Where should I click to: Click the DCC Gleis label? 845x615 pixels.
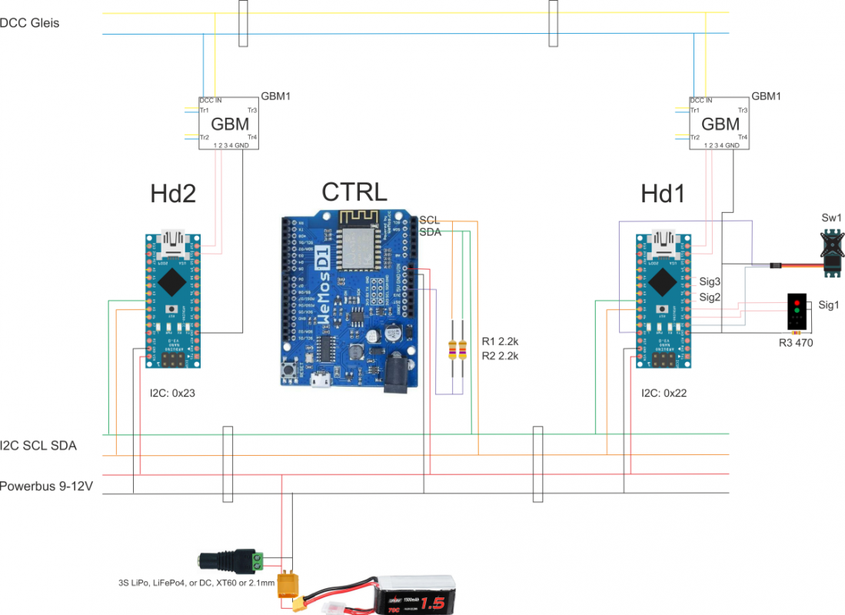pos(30,23)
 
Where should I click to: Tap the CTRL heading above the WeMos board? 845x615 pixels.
pos(354,192)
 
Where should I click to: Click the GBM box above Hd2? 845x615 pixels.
pos(229,123)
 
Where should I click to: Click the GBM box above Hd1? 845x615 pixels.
pos(720,123)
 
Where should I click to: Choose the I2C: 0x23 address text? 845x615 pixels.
pos(173,393)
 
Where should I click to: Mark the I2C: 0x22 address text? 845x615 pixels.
pos(664,393)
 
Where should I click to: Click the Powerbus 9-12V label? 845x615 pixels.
pos(47,487)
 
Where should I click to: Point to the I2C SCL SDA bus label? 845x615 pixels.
pos(38,445)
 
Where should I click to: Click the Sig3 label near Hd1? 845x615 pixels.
pos(708,281)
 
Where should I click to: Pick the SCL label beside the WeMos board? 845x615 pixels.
pos(429,221)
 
